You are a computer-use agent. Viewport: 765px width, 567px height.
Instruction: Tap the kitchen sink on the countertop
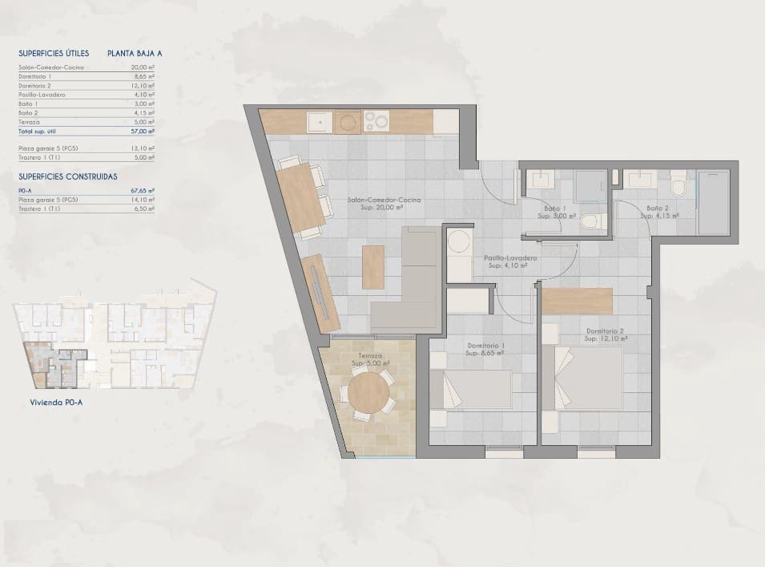(319, 121)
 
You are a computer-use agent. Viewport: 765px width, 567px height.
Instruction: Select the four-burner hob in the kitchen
(376, 121)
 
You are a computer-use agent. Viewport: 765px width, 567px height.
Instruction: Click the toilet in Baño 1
(590, 221)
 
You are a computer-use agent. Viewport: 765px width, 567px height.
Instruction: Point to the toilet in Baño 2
(678, 186)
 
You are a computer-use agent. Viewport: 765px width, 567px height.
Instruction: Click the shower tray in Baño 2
(713, 202)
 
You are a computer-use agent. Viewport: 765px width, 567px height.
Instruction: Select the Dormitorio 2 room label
(606, 334)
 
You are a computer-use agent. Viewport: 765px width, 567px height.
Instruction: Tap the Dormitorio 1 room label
(485, 349)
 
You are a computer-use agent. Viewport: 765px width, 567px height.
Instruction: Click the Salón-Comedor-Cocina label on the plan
(385, 202)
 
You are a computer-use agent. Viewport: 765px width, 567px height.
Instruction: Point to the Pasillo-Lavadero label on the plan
(509, 261)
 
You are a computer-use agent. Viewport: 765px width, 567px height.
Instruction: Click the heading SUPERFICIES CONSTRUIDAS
(68, 176)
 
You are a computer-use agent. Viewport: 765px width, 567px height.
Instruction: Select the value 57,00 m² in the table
(142, 131)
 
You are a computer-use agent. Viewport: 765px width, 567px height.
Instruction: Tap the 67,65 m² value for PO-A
(142, 191)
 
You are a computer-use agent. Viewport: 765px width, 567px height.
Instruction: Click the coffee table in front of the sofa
(372, 267)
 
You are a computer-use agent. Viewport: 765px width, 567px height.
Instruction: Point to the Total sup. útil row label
(38, 131)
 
